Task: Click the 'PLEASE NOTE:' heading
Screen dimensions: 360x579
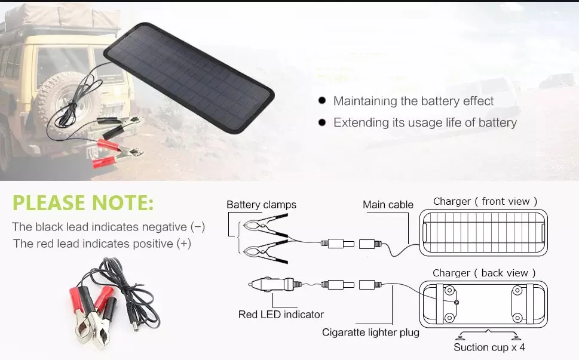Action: pos(83,203)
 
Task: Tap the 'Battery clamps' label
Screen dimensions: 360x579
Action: pos(261,205)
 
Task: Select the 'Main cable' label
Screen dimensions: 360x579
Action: pos(388,205)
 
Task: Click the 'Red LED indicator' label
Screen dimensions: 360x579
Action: pos(281,314)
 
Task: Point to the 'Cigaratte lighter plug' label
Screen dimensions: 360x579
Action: pos(370,332)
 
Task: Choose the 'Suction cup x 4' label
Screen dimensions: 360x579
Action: pos(489,347)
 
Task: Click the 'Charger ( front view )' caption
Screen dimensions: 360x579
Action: pos(485,202)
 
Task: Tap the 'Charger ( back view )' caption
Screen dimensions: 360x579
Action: pos(480,273)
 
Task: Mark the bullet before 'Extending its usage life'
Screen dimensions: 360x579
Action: pos(322,122)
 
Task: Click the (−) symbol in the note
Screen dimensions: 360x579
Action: pos(198,227)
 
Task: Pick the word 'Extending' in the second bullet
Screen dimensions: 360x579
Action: pos(360,122)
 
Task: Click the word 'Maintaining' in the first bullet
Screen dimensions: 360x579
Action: pos(365,101)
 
